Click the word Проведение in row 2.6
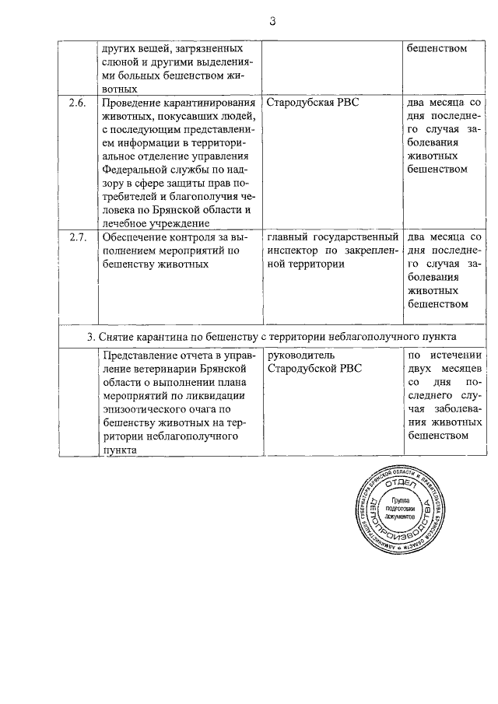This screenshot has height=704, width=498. (133, 103)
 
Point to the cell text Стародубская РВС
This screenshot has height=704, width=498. (313, 103)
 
